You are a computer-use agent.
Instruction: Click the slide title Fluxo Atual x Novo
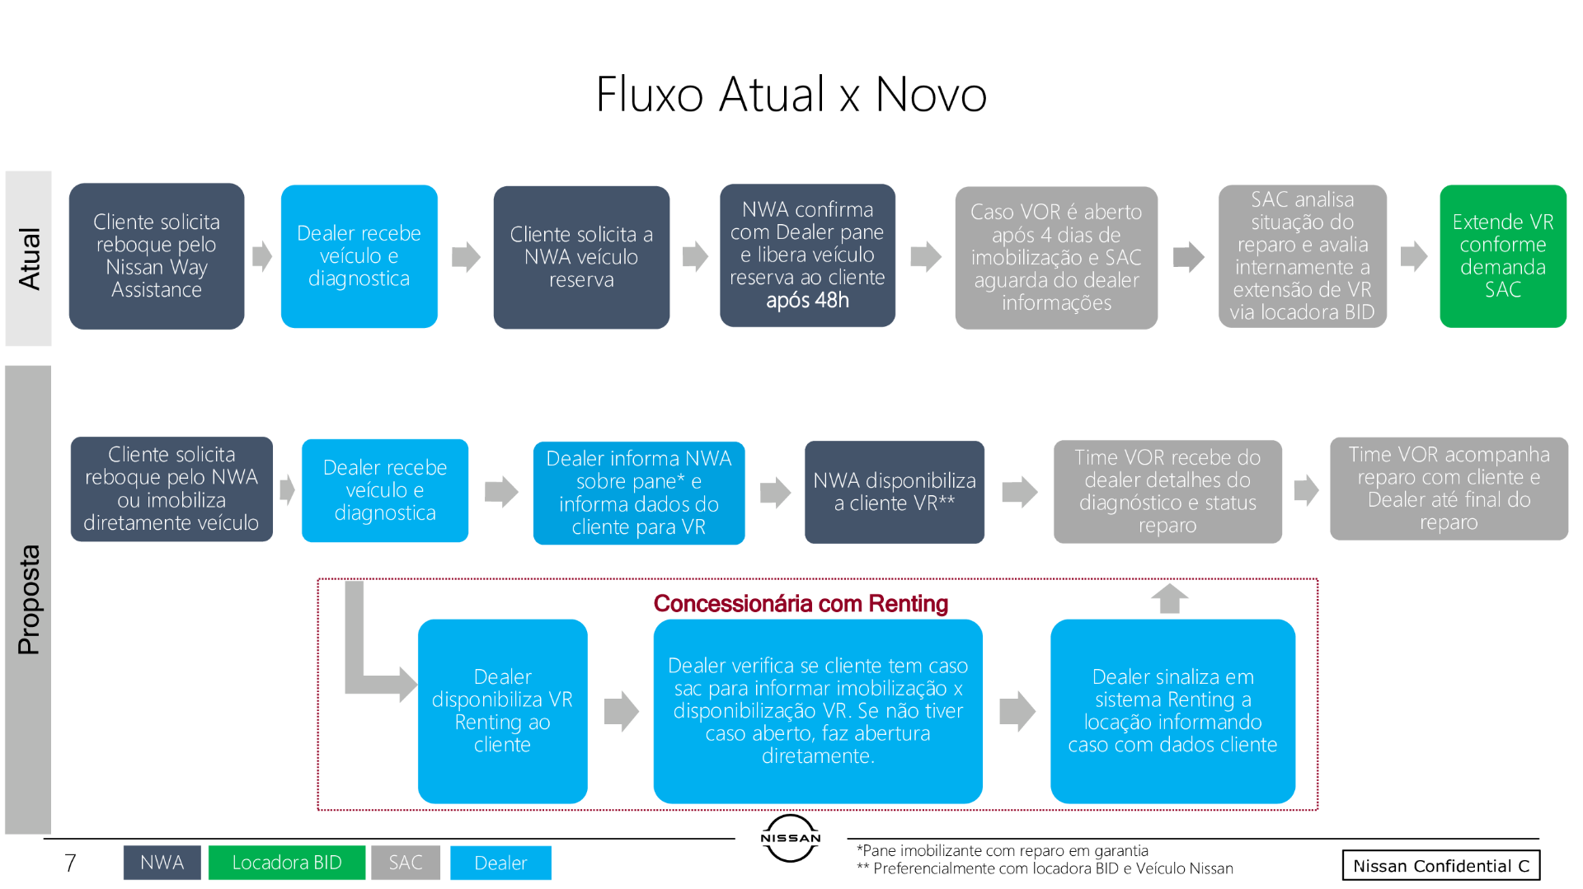tap(791, 94)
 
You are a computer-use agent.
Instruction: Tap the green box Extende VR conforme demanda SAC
tap(1502, 256)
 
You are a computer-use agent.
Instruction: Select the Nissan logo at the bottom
tap(790, 838)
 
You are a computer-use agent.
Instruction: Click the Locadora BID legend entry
tap(286, 863)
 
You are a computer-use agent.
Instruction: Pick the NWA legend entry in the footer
tap(162, 863)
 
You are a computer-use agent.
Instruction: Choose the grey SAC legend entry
tap(405, 863)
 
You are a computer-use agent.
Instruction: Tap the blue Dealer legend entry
tap(500, 863)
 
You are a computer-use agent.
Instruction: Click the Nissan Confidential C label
tap(1440, 865)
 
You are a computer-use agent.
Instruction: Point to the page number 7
tap(70, 863)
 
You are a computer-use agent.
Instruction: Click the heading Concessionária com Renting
tap(801, 604)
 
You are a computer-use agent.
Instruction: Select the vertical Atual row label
tap(29, 258)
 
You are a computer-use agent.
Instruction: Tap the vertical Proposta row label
tap(29, 600)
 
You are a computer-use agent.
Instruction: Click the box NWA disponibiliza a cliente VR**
tap(895, 492)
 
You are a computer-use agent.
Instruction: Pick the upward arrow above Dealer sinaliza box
tap(1169, 598)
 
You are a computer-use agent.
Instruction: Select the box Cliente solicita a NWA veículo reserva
tap(581, 257)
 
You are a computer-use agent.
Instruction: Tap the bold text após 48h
tap(807, 301)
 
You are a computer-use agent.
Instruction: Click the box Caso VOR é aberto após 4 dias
tap(1056, 258)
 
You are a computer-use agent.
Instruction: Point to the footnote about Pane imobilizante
tap(1002, 850)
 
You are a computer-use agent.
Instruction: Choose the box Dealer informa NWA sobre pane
tap(639, 493)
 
